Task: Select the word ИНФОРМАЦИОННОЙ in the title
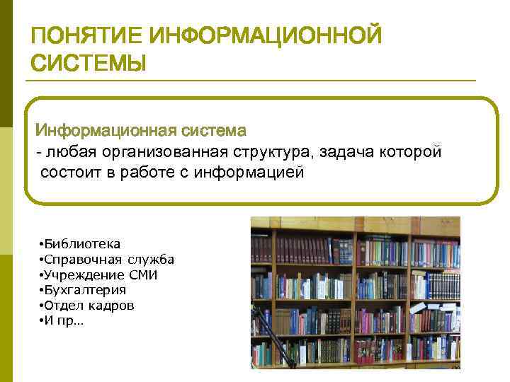coord(266,36)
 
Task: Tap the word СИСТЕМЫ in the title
coord(89,63)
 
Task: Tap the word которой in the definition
coord(411,151)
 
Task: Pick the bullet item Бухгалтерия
coord(84,290)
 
